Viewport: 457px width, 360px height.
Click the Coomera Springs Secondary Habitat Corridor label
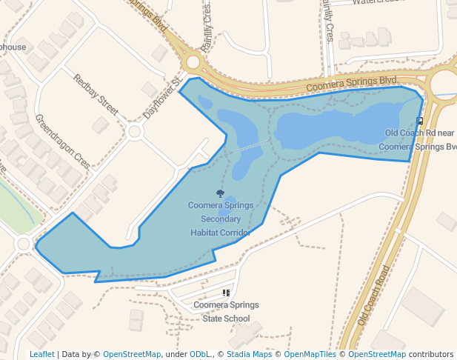click(x=221, y=219)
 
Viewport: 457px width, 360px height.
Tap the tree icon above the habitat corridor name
click(x=220, y=193)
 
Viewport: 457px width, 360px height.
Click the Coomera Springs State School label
click(x=227, y=312)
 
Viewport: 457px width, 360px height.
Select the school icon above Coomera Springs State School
click(x=227, y=293)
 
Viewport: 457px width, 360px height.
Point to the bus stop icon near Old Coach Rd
click(x=420, y=121)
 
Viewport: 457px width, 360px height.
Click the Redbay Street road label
click(x=96, y=95)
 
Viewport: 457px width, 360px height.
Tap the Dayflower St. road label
click(x=162, y=99)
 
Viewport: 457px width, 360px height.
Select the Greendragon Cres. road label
click(x=63, y=141)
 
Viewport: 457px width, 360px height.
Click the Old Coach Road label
click(x=373, y=296)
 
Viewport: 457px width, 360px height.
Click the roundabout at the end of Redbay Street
click(x=134, y=132)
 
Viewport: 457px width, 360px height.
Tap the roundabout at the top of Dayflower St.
click(x=193, y=62)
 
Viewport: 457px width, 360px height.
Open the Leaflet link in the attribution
click(x=41, y=354)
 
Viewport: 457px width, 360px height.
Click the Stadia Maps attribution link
click(x=249, y=354)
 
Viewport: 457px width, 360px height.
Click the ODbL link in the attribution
click(x=199, y=354)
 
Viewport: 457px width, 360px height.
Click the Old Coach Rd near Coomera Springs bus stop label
click(x=419, y=140)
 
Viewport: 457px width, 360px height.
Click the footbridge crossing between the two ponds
click(x=250, y=147)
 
